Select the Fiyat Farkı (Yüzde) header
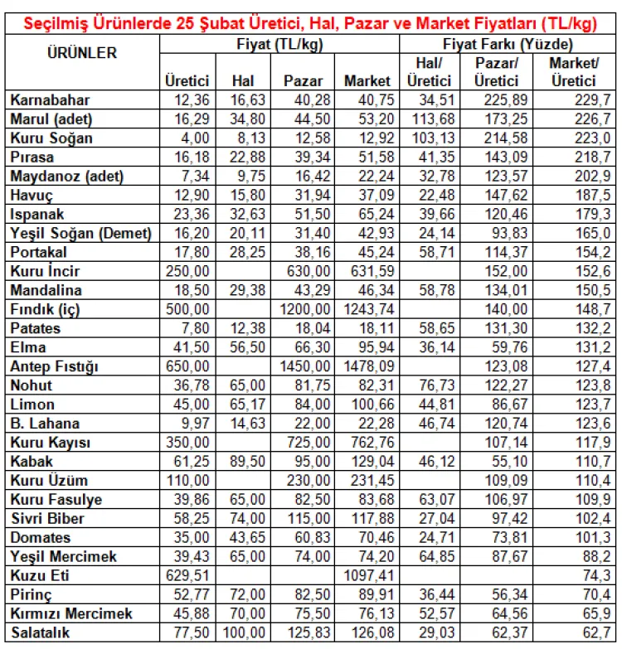click(508, 44)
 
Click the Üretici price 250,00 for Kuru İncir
click(187, 271)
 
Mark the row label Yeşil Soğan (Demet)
click(81, 233)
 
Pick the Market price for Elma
click(370, 347)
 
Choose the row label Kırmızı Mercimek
click(71, 613)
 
